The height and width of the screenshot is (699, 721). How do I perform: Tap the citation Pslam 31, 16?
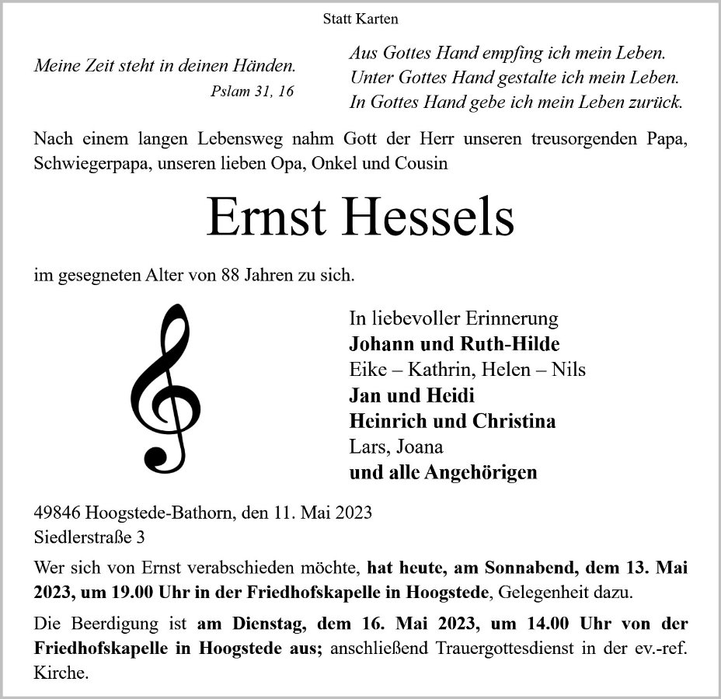click(253, 91)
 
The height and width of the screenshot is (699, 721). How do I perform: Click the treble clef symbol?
click(165, 389)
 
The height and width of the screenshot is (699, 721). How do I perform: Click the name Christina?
click(514, 421)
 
